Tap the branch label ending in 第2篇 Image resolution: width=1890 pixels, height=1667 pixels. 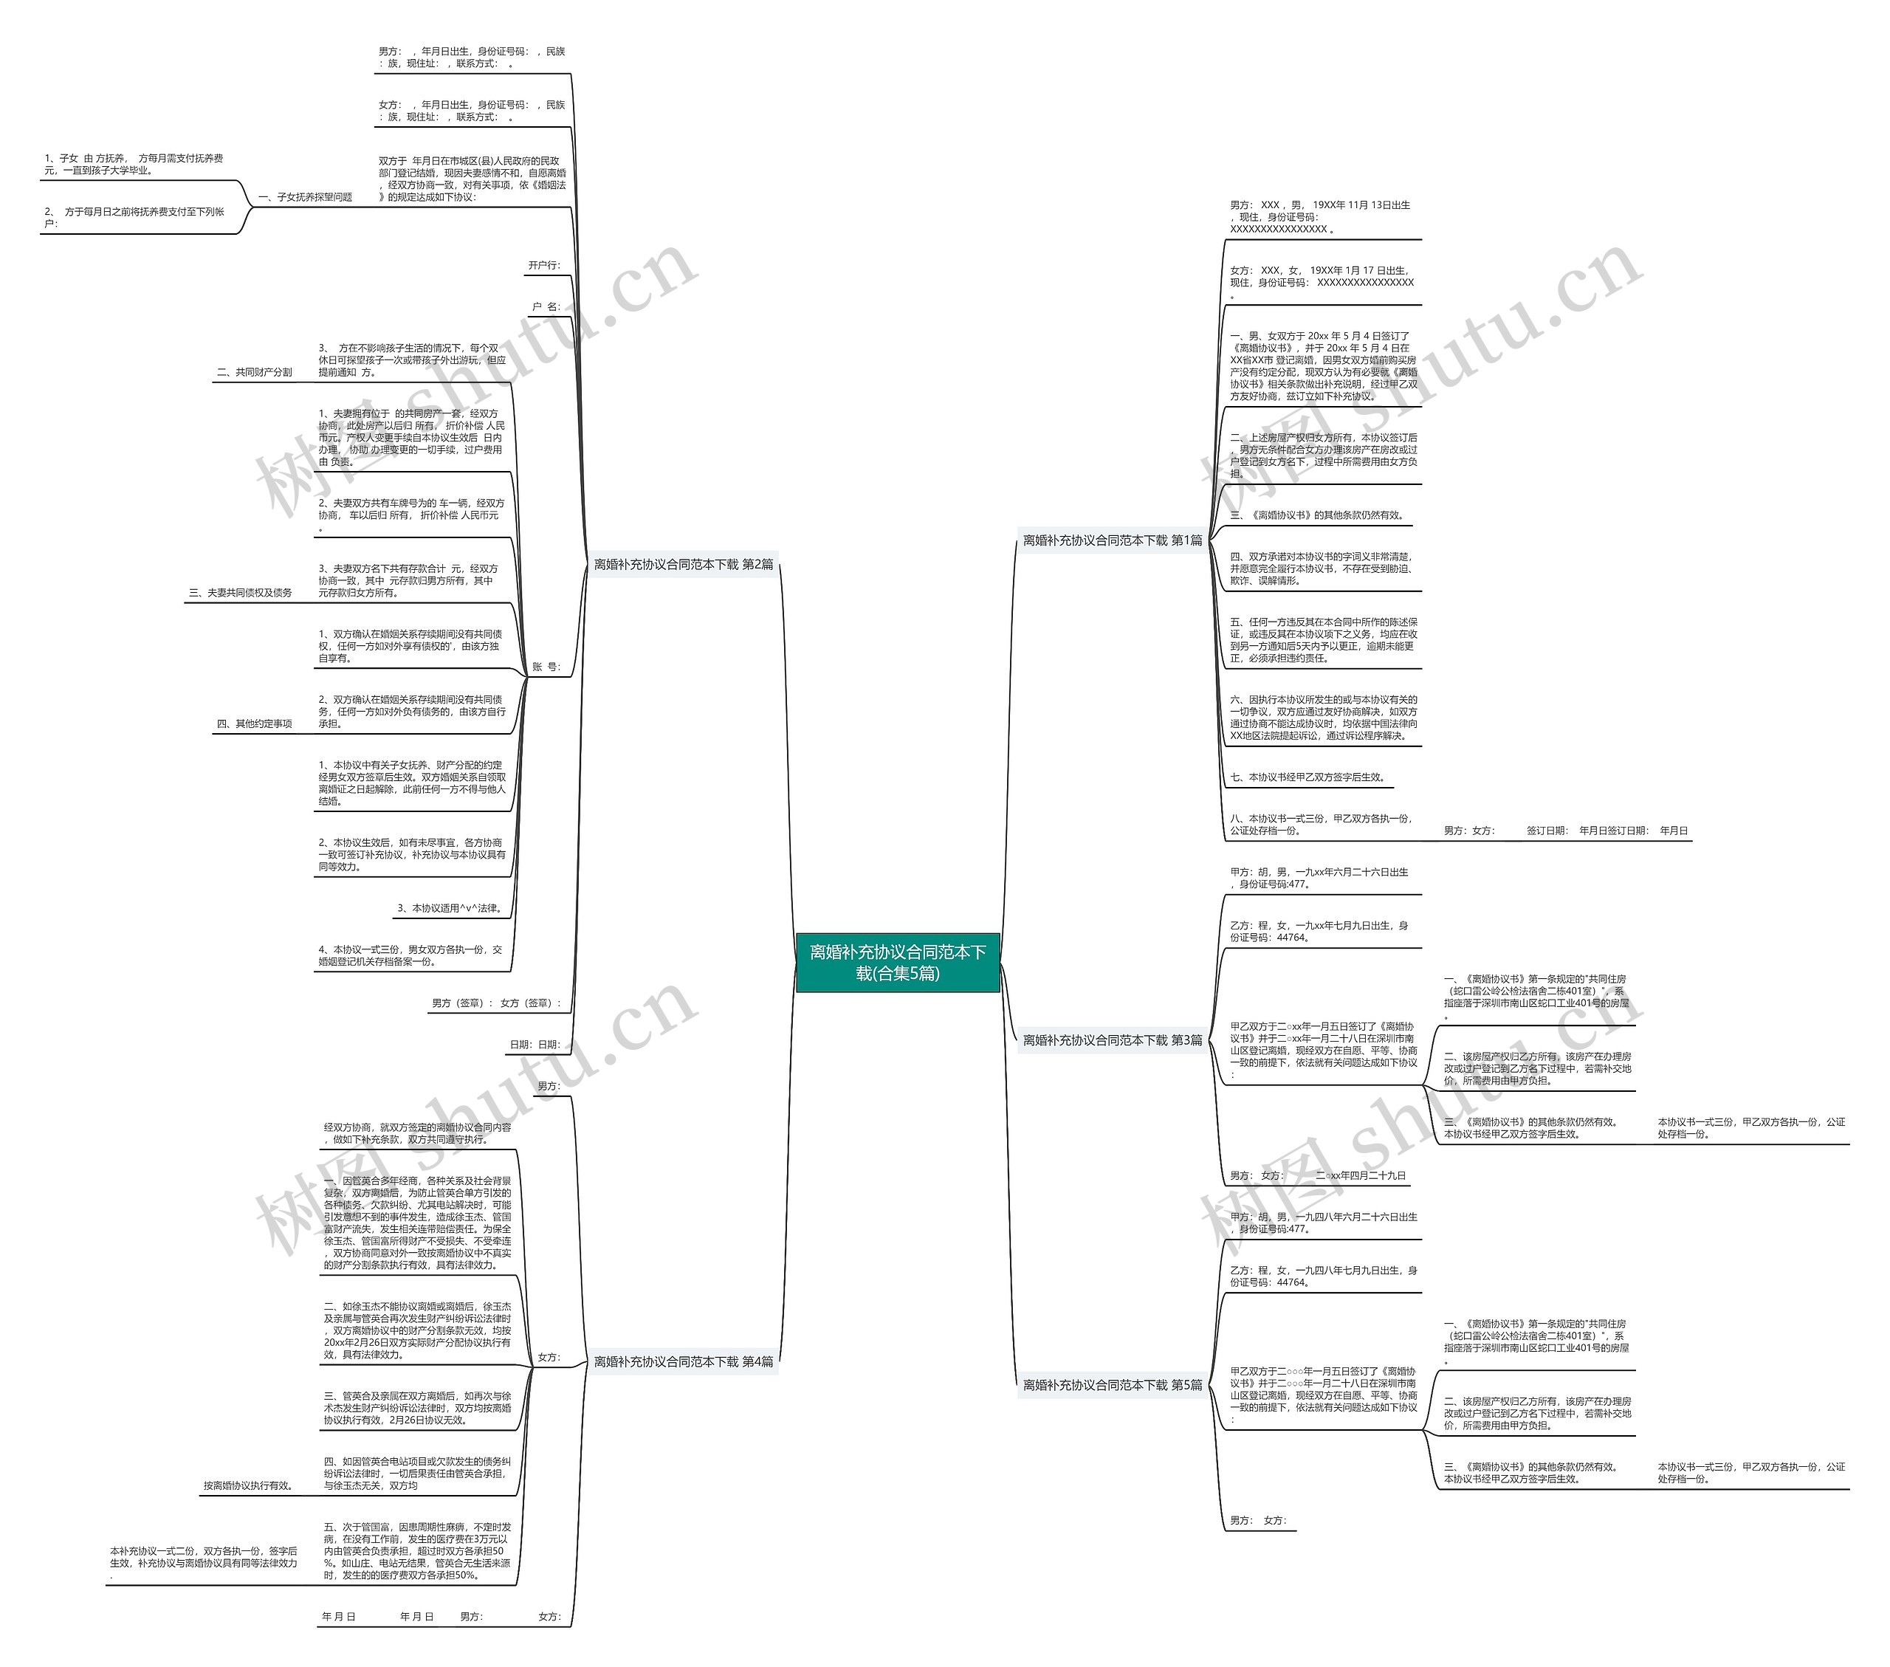pos(684,564)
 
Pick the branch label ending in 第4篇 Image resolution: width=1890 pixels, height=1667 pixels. pos(684,1362)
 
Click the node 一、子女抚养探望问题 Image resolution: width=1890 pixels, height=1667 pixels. pos(305,197)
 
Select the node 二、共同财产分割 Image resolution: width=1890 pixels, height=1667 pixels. pos(254,373)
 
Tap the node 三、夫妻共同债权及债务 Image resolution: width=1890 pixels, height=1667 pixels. pos(241,593)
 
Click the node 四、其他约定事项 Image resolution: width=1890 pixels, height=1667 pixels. pos(254,724)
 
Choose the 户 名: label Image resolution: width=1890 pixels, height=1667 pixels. pos(546,307)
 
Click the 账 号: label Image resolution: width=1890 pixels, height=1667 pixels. pos(546,667)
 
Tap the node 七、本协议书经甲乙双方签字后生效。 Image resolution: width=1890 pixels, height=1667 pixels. pos(1308,777)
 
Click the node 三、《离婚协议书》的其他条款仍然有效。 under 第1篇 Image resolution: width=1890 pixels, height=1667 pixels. pos(1316,515)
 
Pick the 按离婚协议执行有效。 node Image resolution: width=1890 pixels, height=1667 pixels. pos(249,1486)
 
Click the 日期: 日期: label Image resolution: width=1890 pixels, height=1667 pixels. pos(535,1045)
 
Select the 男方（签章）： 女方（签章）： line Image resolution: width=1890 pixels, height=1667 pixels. pos(495,1003)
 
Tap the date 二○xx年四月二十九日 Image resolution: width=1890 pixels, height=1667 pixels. pos(1360,1176)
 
